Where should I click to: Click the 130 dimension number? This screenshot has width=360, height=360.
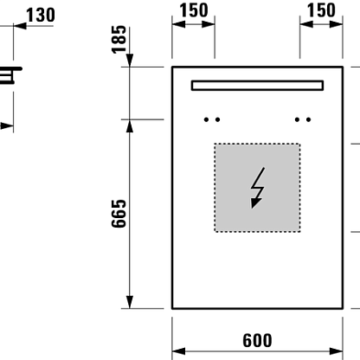[x=41, y=16]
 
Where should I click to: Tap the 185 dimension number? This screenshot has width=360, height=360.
[x=119, y=40]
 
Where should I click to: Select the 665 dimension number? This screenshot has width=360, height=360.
[x=119, y=214]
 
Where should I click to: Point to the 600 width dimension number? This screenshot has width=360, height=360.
[x=257, y=340]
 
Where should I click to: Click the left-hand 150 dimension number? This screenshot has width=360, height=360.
[x=194, y=10]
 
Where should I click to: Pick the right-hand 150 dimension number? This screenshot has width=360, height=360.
[x=321, y=10]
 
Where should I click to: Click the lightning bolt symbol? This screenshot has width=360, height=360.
[x=258, y=188]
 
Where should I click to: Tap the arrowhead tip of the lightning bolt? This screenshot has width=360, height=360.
[x=252, y=209]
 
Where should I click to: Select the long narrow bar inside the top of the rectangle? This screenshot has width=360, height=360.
[x=257, y=86]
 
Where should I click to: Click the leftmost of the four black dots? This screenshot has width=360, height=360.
[x=206, y=119]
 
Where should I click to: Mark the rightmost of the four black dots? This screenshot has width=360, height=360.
[x=309, y=119]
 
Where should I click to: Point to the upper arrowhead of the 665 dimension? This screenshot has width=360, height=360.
[x=130, y=126]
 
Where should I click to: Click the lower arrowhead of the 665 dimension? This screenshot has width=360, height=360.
[x=130, y=302]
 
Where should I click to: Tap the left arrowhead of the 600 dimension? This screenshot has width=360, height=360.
[x=178, y=351]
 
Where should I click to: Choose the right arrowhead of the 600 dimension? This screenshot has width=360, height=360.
[x=337, y=351]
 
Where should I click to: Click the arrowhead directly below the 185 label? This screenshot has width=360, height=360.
[x=130, y=61]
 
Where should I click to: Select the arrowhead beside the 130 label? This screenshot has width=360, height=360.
[x=20, y=26]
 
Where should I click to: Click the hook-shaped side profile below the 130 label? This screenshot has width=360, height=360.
[x=11, y=75]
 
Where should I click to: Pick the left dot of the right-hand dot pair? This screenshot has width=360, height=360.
[x=297, y=119]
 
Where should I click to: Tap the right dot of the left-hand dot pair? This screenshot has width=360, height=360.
[x=217, y=119]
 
